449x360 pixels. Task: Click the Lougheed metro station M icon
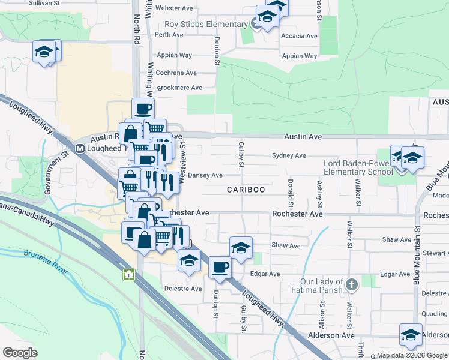pos(79,148)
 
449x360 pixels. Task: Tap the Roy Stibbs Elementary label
pos(206,25)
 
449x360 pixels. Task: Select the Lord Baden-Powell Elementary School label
pos(358,167)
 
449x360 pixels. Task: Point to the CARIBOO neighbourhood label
pos(246,190)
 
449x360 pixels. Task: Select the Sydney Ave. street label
pos(290,155)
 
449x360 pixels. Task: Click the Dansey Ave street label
pos(205,175)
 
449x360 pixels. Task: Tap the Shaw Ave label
pos(286,245)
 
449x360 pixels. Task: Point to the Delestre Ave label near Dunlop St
pos(183,289)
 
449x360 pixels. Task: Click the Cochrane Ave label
pos(176,73)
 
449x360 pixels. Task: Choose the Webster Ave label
pos(174,8)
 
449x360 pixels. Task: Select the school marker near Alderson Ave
pos(411,335)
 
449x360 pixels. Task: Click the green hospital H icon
pos(128,275)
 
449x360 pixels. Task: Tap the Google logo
pos(20,353)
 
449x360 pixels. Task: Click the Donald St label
pos(290,188)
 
